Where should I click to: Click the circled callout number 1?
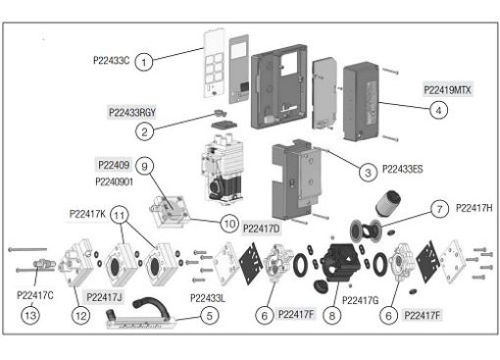(144, 62)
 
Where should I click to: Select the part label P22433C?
(111, 61)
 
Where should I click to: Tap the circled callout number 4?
(438, 111)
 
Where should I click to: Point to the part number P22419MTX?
(447, 90)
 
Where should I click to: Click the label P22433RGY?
(132, 113)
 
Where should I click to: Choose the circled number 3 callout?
(368, 172)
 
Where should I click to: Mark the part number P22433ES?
(402, 169)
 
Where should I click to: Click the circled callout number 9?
(144, 167)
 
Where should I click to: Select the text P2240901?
(114, 181)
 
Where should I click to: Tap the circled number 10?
(229, 224)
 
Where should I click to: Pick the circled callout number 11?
(120, 215)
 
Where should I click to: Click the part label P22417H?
(474, 208)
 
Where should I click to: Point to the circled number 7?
(439, 209)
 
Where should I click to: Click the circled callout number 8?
(331, 316)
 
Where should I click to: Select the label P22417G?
(360, 300)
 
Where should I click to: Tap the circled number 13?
(30, 316)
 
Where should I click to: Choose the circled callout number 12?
(80, 316)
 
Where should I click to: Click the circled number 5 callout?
(209, 316)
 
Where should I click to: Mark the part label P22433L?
(208, 298)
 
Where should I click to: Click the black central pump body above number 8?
(340, 263)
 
